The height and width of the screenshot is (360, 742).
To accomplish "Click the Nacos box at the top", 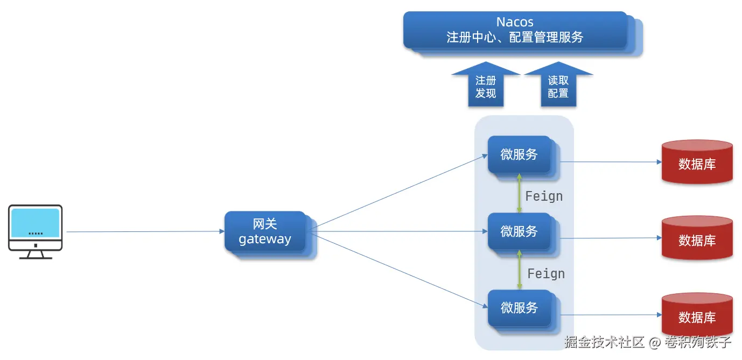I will point(515,30).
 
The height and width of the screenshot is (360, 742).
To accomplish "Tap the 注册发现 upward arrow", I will point(485,87).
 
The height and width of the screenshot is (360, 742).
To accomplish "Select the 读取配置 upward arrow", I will point(558,87).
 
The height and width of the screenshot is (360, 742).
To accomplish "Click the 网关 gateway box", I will point(265,231).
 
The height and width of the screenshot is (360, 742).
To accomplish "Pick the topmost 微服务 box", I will point(519,154).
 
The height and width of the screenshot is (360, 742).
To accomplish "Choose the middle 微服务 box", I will point(519,231).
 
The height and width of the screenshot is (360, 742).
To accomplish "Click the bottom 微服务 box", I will point(519,308).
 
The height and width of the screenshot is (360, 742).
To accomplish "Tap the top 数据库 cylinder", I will point(697,163).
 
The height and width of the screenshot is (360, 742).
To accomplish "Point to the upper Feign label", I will point(544,196).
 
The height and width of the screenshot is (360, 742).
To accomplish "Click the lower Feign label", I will point(546,274).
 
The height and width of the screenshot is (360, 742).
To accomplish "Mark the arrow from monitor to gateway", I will point(145,232).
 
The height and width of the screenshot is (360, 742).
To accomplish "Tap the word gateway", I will point(265,239).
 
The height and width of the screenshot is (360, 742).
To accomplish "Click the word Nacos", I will point(515,22).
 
